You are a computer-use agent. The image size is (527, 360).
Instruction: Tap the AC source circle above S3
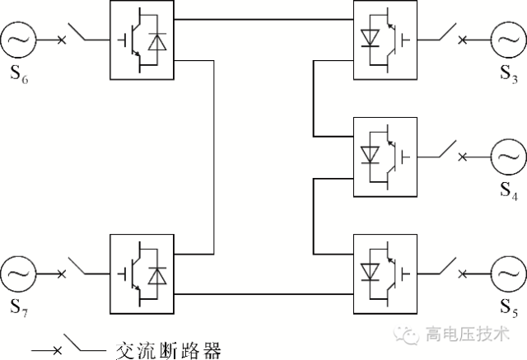point(509,38)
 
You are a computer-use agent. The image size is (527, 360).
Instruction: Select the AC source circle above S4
point(509,155)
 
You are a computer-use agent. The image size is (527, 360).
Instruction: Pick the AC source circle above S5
point(509,273)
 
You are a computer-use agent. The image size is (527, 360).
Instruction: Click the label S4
point(509,194)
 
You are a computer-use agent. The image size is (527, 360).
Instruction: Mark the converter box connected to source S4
point(385,156)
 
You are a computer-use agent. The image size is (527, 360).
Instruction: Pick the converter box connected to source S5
point(385,274)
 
